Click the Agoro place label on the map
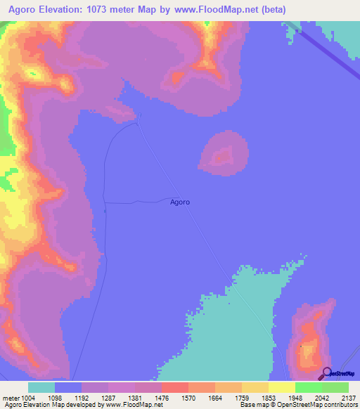[x=180, y=202]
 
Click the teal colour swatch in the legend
[x=41, y=387]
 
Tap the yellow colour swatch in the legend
[x=281, y=387]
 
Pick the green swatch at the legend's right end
[x=335, y=387]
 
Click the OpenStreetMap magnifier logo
[x=326, y=373]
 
